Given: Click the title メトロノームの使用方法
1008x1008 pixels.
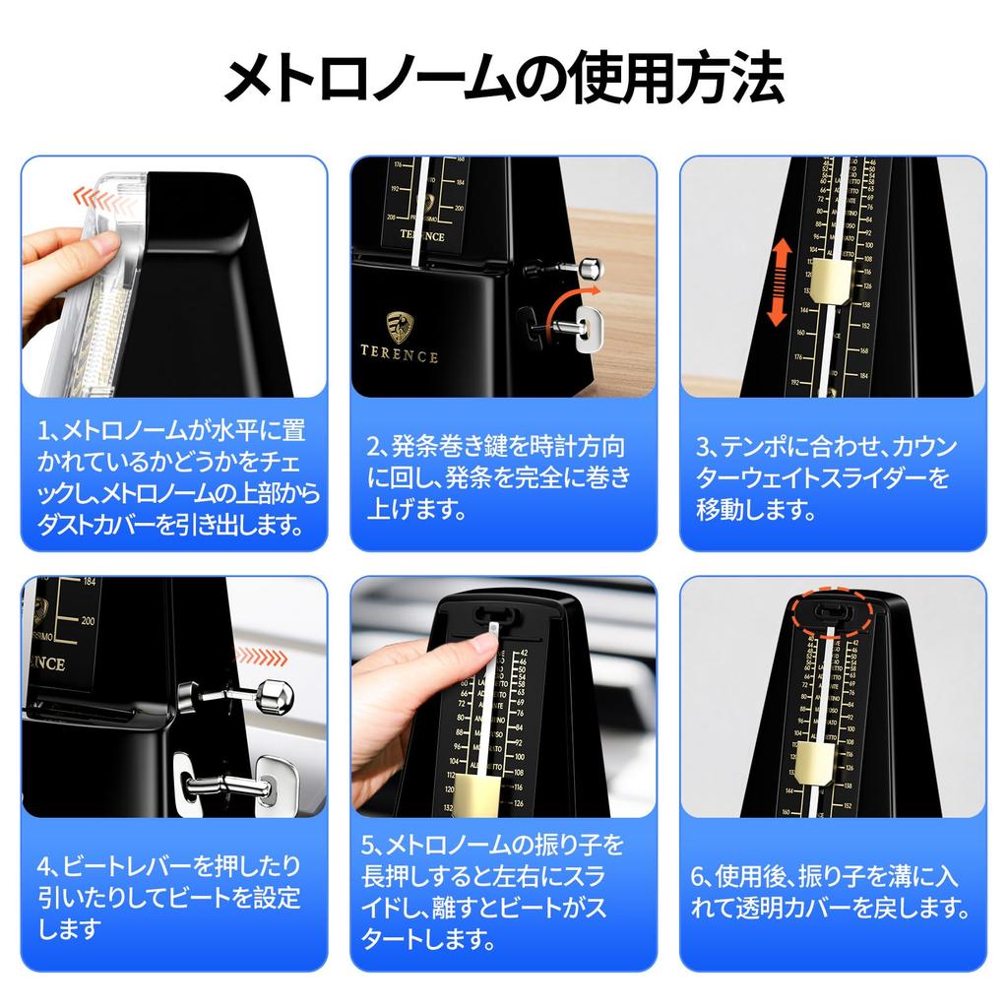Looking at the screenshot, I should point(504,79).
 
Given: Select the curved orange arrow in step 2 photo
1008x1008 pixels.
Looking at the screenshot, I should point(576,294).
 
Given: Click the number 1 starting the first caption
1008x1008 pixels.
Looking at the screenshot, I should point(45,429).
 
